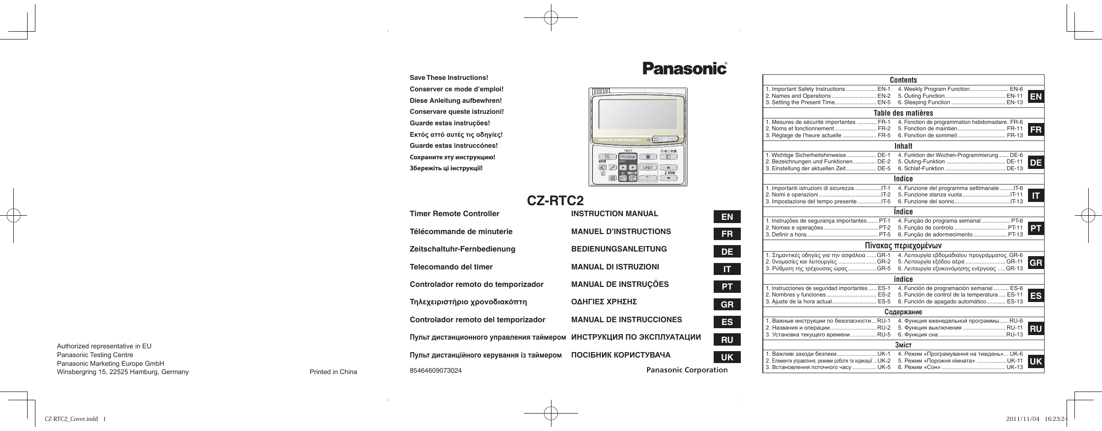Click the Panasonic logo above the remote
pyautogui.click(x=684, y=68)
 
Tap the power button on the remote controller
pyautogui.click(x=665, y=139)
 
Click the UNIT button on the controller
pyautogui.click(x=648, y=168)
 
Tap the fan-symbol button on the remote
pyautogui.click(x=648, y=157)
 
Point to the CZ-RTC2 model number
pyautogui.click(x=555, y=201)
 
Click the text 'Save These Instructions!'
pyautogui.click(x=443, y=78)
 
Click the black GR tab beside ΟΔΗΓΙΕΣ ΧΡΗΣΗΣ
pyautogui.click(x=727, y=304)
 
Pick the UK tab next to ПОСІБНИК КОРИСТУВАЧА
pyautogui.click(x=727, y=357)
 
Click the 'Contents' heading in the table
pyautogui.click(x=903, y=80)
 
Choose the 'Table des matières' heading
pyautogui.click(x=903, y=113)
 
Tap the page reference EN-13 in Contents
pyautogui.click(x=1015, y=102)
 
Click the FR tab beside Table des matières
pyautogui.click(x=1036, y=129)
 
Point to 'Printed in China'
pyautogui.click(x=333, y=372)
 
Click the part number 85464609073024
pyautogui.click(x=436, y=370)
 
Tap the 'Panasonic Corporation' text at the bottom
pyautogui.click(x=687, y=370)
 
